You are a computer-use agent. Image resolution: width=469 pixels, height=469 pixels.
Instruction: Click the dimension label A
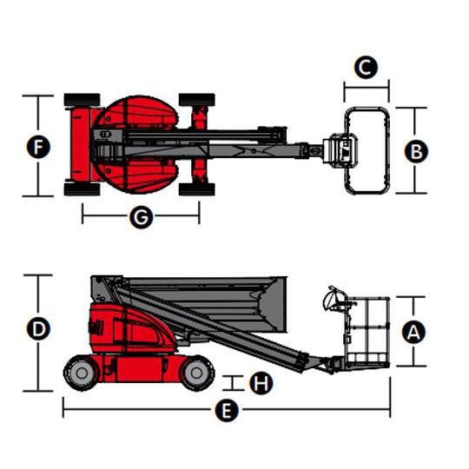click(413, 332)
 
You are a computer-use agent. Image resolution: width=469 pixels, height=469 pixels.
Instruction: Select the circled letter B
click(416, 151)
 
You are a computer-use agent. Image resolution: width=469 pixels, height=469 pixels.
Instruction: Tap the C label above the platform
click(366, 67)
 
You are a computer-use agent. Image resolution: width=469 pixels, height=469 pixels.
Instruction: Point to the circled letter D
click(38, 328)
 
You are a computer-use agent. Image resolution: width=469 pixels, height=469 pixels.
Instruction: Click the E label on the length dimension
click(227, 410)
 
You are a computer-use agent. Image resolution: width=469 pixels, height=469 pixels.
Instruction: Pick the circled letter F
click(38, 147)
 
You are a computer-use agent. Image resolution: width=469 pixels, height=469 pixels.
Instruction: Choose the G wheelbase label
click(142, 216)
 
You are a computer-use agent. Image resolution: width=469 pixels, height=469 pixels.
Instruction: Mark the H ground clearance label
click(261, 382)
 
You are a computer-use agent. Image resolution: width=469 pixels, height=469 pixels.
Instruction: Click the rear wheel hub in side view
click(82, 373)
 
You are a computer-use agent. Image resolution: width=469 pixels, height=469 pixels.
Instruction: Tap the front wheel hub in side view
click(196, 373)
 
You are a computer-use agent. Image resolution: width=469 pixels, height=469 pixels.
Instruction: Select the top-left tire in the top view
click(82, 100)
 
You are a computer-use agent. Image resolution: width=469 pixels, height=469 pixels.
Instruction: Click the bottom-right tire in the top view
click(197, 189)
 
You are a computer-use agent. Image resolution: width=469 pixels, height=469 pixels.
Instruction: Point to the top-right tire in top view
click(197, 100)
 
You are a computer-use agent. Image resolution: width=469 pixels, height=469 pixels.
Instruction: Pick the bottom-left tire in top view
click(82, 189)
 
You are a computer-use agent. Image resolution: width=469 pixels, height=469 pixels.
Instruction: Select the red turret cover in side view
click(132, 328)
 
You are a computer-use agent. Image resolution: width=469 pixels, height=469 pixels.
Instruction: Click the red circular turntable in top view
click(135, 144)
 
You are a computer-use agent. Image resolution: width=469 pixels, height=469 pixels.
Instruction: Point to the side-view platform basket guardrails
click(367, 332)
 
